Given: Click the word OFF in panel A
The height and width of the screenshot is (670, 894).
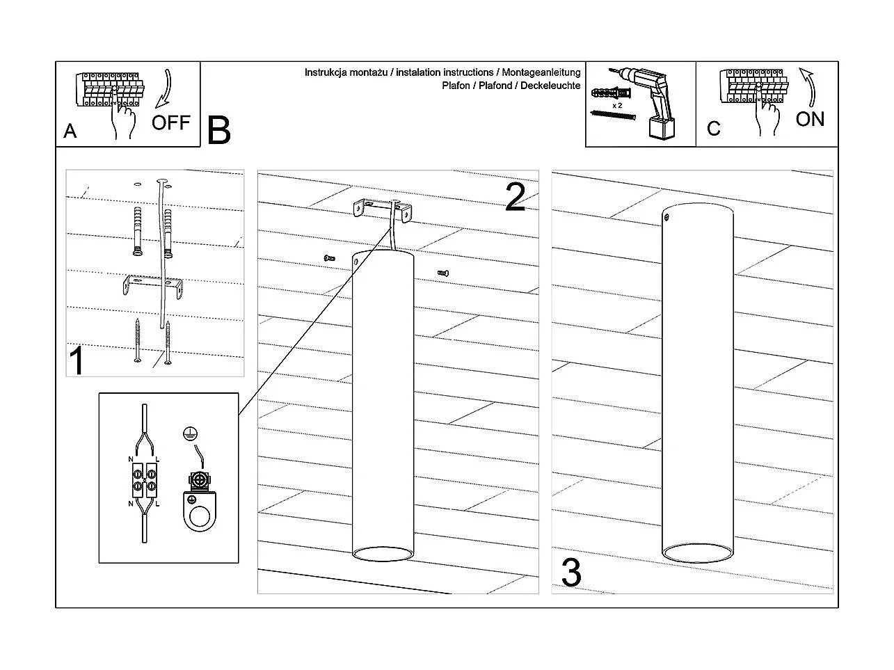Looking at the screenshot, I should [170, 122].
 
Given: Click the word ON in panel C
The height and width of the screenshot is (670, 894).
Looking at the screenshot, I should [810, 119].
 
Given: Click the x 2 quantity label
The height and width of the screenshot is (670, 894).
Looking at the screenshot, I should [616, 106].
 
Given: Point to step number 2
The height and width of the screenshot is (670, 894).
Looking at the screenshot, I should [515, 198].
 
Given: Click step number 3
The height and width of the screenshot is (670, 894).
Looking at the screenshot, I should [570, 573].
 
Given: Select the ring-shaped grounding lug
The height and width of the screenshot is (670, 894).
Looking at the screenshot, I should [201, 514].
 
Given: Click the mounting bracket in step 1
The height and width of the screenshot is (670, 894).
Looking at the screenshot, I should [151, 285].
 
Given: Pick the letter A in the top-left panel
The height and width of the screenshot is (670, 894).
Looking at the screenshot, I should [70, 131].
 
